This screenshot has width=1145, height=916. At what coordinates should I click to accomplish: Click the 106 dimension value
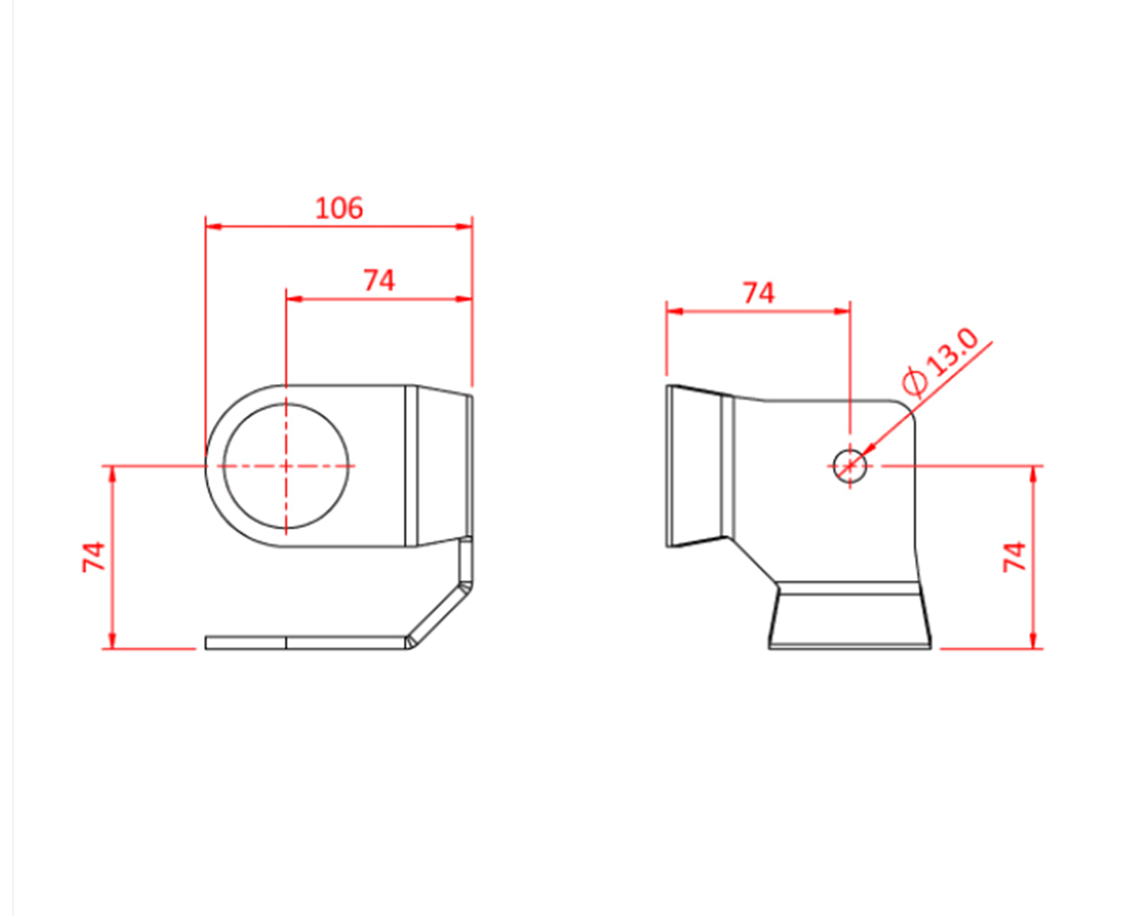tap(339, 208)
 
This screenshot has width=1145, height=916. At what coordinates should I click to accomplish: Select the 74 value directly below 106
tap(379, 280)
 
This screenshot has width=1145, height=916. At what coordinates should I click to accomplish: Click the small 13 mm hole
tap(850, 466)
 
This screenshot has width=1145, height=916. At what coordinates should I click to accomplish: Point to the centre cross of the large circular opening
tap(285, 466)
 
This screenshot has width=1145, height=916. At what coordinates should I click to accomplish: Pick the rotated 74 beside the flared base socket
tap(1014, 556)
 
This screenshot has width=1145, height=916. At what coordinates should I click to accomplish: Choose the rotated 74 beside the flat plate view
tap(94, 556)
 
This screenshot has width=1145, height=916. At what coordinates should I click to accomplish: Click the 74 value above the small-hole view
tap(758, 293)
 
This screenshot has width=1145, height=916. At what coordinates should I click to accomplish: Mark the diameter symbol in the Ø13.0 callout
tap(914, 381)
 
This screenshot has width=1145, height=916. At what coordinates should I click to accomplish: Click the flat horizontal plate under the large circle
tap(305, 643)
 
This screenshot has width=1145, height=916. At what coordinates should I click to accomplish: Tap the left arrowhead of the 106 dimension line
tap(213, 226)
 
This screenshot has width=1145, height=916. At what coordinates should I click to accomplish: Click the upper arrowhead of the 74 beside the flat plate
tap(113, 475)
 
